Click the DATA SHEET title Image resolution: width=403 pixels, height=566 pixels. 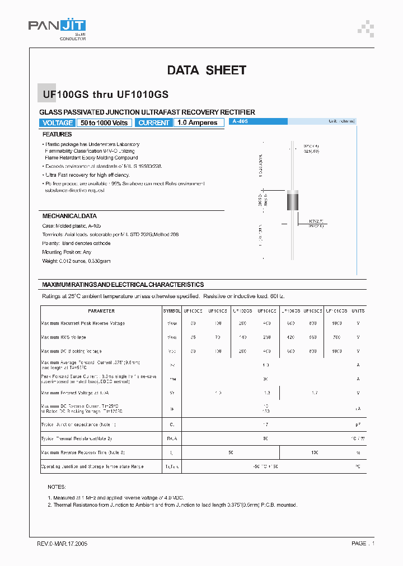[x=207, y=70]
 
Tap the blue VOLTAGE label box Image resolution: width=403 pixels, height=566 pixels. [x=58, y=122]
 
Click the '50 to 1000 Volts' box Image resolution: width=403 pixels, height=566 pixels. [x=104, y=122]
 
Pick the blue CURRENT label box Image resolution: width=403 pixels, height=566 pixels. [x=153, y=122]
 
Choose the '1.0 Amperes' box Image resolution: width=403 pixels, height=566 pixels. [x=198, y=122]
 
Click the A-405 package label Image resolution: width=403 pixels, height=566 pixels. [x=240, y=121]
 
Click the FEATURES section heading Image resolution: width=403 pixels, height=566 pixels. [x=57, y=134]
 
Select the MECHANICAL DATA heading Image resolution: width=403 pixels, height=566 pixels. [x=69, y=216]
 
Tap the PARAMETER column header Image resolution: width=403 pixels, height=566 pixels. [x=101, y=311]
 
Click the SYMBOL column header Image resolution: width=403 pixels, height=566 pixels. [x=172, y=311]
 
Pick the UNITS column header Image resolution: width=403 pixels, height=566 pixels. [x=358, y=311]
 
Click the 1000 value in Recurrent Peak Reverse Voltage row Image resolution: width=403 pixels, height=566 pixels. [x=336, y=323]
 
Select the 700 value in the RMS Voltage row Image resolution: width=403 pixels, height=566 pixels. [x=336, y=337]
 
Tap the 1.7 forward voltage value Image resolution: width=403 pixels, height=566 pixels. [x=314, y=393]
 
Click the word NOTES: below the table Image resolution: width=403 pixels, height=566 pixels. [x=57, y=487]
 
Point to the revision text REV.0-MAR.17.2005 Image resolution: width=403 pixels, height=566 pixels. [x=62, y=543]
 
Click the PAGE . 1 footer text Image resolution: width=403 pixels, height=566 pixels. [x=363, y=543]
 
